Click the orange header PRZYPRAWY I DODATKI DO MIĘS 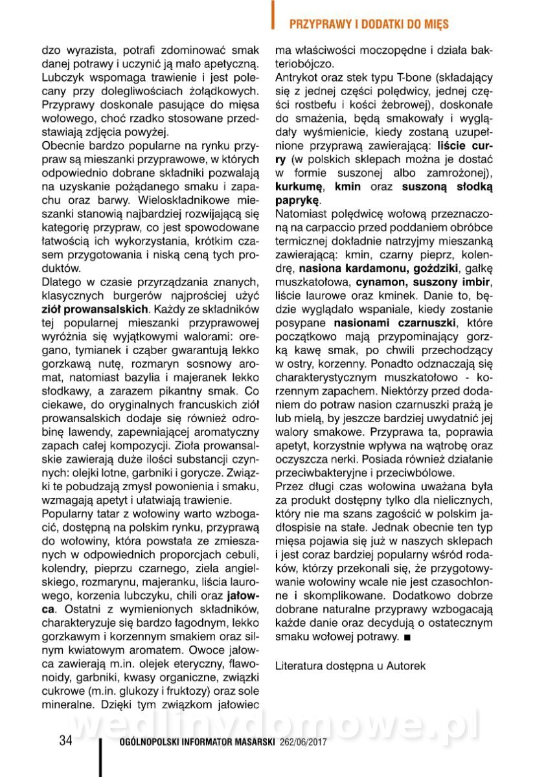pyautogui.click(x=369, y=24)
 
